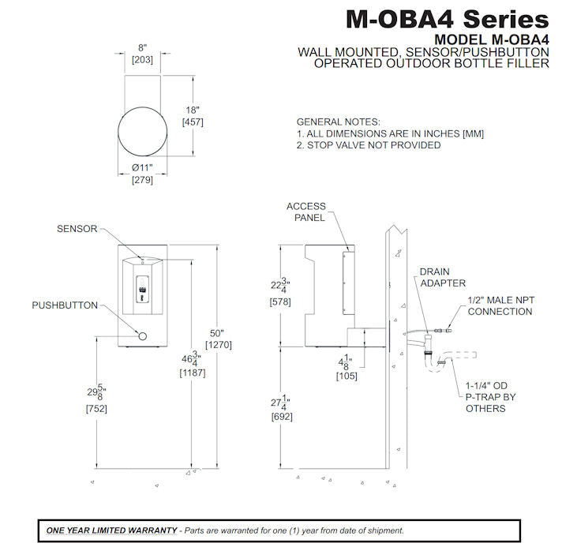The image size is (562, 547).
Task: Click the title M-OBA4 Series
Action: point(447,18)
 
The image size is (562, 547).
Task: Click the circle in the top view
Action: point(143,130)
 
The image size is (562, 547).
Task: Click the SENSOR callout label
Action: point(77,229)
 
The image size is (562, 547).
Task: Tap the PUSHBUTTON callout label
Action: point(65,305)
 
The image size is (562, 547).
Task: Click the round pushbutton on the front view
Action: point(143,337)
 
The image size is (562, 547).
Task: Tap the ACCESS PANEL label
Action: point(305,212)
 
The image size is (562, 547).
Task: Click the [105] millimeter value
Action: point(347,376)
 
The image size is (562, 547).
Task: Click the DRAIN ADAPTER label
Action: point(443,277)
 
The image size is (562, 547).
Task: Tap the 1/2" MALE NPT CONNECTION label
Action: point(500,305)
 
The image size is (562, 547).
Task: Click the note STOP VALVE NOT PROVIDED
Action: point(368,145)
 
